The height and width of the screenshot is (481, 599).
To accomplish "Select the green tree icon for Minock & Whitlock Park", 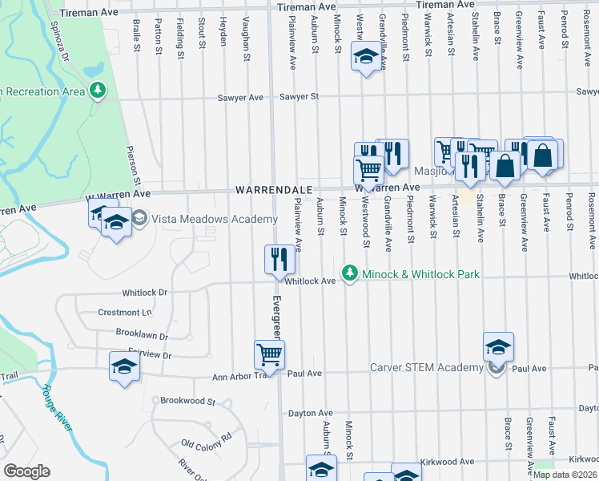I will (x=349, y=274).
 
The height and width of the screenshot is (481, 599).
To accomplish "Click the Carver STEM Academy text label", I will (x=426, y=368).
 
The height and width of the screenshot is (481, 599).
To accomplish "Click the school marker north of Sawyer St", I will (x=367, y=57).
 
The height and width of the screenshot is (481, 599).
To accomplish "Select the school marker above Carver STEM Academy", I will (x=498, y=346).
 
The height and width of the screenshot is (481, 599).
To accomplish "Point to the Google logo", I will (x=26, y=471).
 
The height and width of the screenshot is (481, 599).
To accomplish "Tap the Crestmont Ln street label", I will (x=124, y=312).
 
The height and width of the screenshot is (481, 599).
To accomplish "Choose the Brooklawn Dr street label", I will (x=143, y=337).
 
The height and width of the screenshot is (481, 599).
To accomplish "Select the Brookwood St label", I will (x=188, y=401).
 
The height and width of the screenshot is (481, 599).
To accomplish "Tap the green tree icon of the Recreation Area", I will (x=98, y=91).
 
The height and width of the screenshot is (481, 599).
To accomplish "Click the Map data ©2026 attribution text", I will (x=565, y=475).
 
